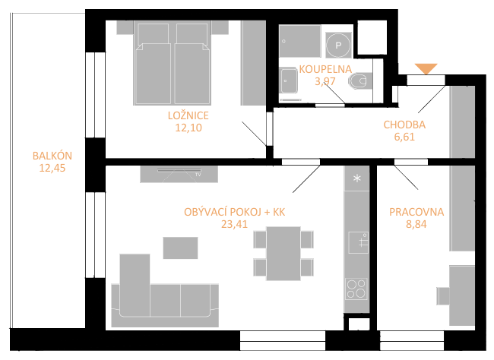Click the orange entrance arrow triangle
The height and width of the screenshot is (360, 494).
pyautogui.click(x=426, y=68)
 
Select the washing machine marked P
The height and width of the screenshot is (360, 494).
pyautogui.click(x=338, y=45)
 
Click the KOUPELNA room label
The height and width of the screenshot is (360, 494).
pyautogui.click(x=325, y=69)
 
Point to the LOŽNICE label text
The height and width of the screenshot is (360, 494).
pyautogui.click(x=188, y=115)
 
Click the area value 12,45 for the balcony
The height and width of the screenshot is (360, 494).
pyautogui.click(x=52, y=168)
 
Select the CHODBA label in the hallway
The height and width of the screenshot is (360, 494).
pyautogui.click(x=404, y=125)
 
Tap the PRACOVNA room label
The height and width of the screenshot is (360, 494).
pyautogui.click(x=416, y=212)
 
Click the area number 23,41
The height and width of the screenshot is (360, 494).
pyautogui.click(x=234, y=224)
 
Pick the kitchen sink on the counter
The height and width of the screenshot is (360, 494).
pyautogui.click(x=359, y=242)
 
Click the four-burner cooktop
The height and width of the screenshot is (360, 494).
pyautogui.click(x=356, y=289)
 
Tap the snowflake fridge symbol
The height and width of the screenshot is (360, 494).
pyautogui.click(x=357, y=178)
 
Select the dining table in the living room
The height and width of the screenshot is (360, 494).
pyautogui.click(x=283, y=253)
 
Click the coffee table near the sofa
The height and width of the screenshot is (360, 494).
pyautogui.click(x=181, y=248)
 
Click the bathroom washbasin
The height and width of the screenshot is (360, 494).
pyautogui.click(x=289, y=81)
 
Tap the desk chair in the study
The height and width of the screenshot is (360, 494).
pyautogui.click(x=443, y=296)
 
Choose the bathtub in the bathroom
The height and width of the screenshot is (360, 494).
pyautogui.click(x=300, y=41)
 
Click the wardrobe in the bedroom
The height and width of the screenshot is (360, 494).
pyautogui.click(x=253, y=63)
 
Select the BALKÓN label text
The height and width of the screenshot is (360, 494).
pyautogui.click(x=52, y=156)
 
